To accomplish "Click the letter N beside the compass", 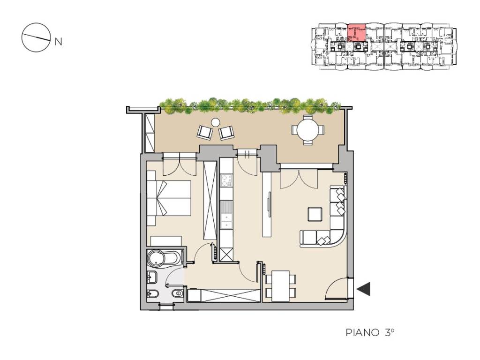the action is tap(58, 42).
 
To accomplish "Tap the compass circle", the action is tap(36, 37).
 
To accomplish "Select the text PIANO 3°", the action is tap(370, 332).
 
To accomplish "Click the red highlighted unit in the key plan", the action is tap(357, 33).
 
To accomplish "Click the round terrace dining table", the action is tap(308, 129).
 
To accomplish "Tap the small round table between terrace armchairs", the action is tap(216, 122).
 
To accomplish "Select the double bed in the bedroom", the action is tap(169, 198).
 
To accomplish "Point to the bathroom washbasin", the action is tap(152, 277).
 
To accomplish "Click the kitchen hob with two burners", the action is tap(226, 180).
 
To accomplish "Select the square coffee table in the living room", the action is tap(315, 214).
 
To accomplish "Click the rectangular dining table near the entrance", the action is tap(281, 286).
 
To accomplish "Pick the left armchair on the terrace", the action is tap(205, 132).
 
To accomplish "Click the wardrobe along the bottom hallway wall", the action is tap(225, 296).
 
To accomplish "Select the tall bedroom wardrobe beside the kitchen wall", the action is tap(210, 200).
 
